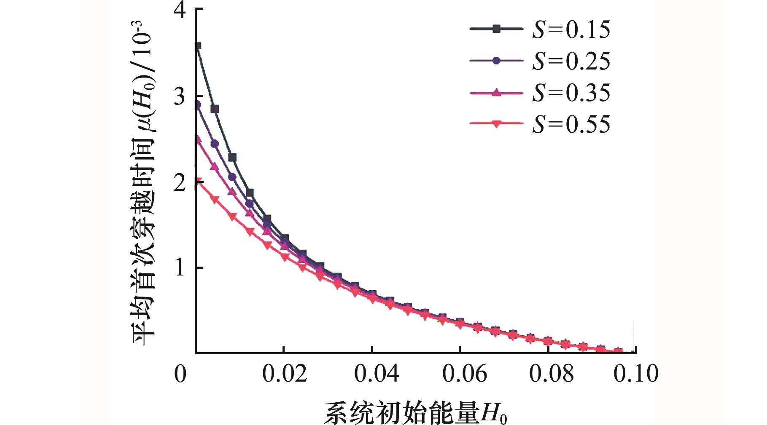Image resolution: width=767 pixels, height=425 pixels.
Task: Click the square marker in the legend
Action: [497, 29]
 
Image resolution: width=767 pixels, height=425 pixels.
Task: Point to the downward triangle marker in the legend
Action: [497, 124]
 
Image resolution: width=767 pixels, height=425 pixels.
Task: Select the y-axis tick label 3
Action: [180, 96]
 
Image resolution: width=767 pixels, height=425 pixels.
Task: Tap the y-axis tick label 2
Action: [180, 182]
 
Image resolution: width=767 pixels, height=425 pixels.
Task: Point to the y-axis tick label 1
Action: [180, 268]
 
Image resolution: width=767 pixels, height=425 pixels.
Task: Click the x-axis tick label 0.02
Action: [285, 374]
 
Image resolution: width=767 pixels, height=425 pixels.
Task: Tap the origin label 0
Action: [180, 374]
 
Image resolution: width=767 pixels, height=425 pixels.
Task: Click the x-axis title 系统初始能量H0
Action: [415, 413]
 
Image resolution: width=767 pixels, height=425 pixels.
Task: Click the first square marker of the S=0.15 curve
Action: [197, 46]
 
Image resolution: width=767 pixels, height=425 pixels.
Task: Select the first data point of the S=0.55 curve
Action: [197, 182]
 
